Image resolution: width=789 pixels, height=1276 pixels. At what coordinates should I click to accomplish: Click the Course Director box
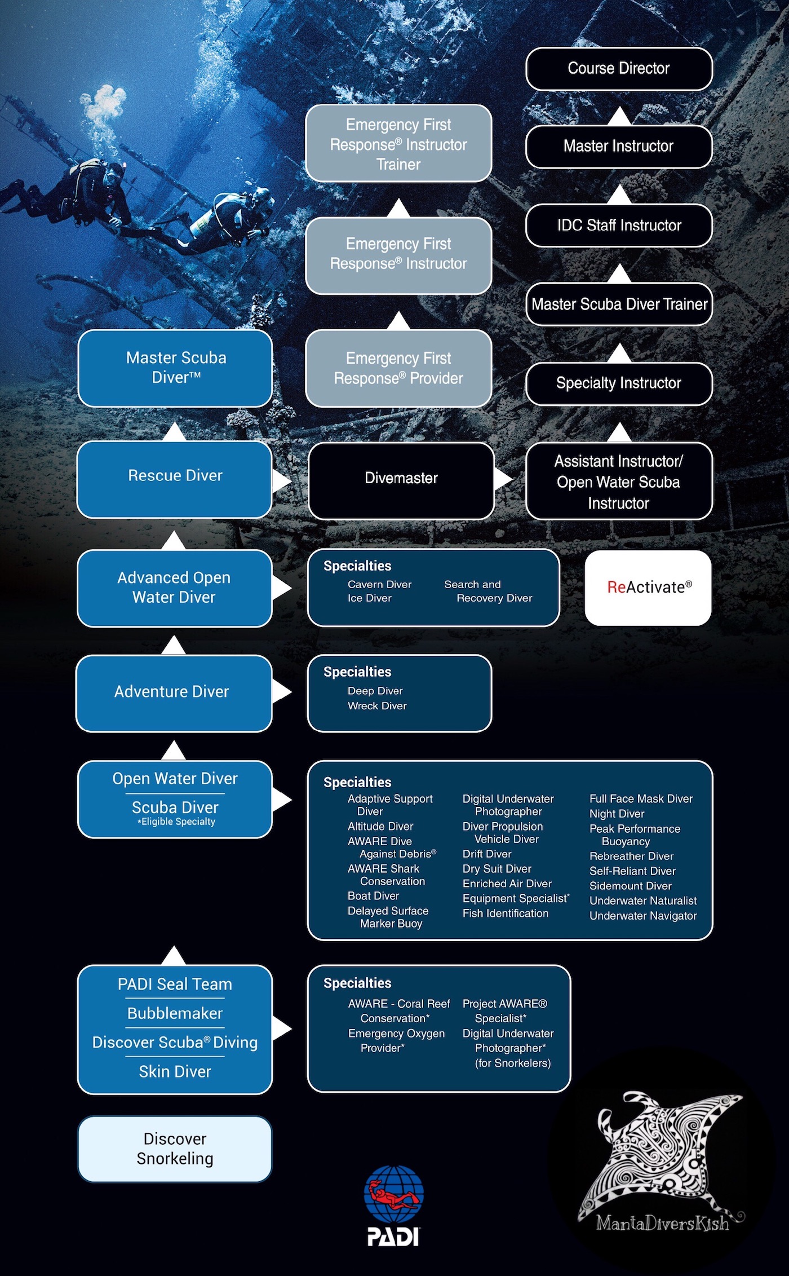[x=619, y=69]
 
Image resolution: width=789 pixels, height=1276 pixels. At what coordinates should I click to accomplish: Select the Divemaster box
[x=401, y=479]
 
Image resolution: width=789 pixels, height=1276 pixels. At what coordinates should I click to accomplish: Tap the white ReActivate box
[x=648, y=588]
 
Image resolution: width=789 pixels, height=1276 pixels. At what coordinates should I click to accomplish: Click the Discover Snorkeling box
[x=175, y=1149]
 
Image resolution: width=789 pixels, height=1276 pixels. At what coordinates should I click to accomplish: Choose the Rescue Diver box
[x=175, y=476]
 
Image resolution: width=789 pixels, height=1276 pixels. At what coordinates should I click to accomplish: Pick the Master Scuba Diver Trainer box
[x=619, y=304]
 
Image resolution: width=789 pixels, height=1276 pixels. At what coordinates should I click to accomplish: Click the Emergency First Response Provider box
[x=398, y=368]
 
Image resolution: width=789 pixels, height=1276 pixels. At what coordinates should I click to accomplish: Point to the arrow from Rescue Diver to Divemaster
[x=281, y=481]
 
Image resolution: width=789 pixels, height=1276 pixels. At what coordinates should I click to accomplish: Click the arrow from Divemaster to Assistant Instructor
[x=503, y=479]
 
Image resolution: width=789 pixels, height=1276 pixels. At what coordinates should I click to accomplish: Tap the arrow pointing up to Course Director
[x=619, y=117]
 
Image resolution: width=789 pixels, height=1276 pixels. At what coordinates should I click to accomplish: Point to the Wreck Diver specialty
[x=377, y=706]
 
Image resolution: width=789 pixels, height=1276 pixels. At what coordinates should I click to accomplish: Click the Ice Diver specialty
[x=369, y=598]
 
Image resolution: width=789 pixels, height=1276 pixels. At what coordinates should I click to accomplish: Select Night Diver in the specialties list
[x=617, y=814]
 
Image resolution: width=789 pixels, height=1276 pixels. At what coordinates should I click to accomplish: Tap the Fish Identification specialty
[x=505, y=913]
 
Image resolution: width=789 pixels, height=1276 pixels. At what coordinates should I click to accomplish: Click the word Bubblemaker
[x=175, y=1013]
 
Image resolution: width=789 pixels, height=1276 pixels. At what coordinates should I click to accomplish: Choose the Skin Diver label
[x=175, y=1071]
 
